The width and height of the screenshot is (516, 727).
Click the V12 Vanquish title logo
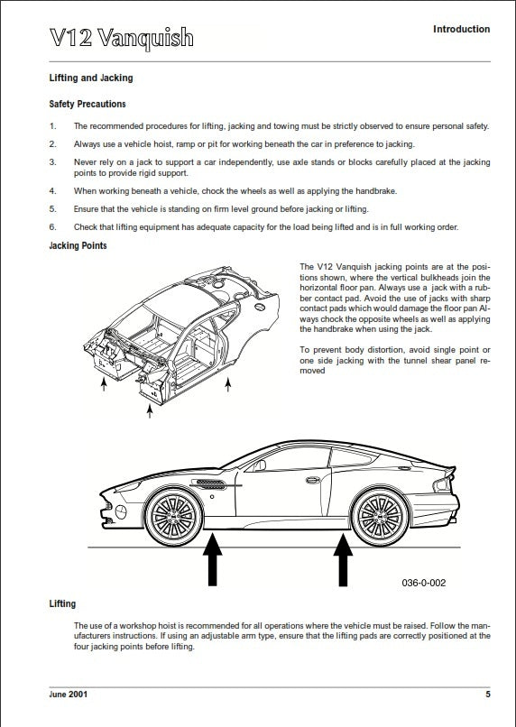pos(122,37)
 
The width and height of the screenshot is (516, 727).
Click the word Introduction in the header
pos(461,30)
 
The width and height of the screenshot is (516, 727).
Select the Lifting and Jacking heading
pos(91,78)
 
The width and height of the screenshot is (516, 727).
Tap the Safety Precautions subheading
pos(88,105)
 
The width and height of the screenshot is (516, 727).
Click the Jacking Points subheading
pos(78,245)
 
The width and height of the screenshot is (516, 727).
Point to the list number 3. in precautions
pos(52,161)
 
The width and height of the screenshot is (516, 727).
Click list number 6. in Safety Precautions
pos(52,226)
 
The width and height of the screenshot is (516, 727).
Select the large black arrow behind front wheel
pos(212,561)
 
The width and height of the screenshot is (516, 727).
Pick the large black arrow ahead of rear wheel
pos(343,561)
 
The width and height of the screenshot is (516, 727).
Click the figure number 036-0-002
pos(423,583)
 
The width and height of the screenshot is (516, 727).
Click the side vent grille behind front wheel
pos(208,487)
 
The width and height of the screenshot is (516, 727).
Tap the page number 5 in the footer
pos(488,695)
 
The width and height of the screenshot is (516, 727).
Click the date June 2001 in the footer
pos(69,695)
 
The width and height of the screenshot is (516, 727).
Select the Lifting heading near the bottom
pos(62,603)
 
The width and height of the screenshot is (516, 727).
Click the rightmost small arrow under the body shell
pos(227,384)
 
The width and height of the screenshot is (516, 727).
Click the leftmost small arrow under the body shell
pos(103,384)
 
